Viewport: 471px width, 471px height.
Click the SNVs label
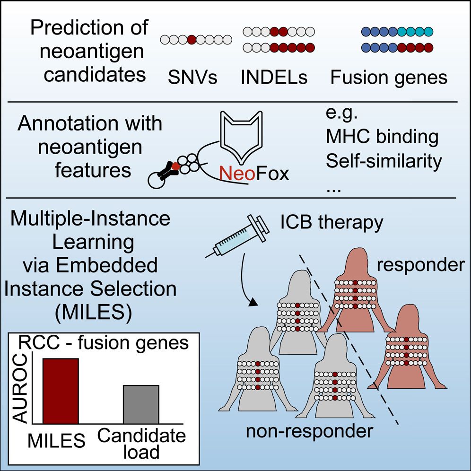coord(192,77)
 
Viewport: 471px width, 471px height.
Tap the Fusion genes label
coord(389,77)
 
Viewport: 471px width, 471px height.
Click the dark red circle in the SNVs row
coord(191,40)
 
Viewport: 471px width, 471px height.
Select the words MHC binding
coord(382,138)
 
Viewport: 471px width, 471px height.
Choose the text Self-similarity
coord(384,161)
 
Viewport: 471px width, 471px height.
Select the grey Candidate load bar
coord(141,404)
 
